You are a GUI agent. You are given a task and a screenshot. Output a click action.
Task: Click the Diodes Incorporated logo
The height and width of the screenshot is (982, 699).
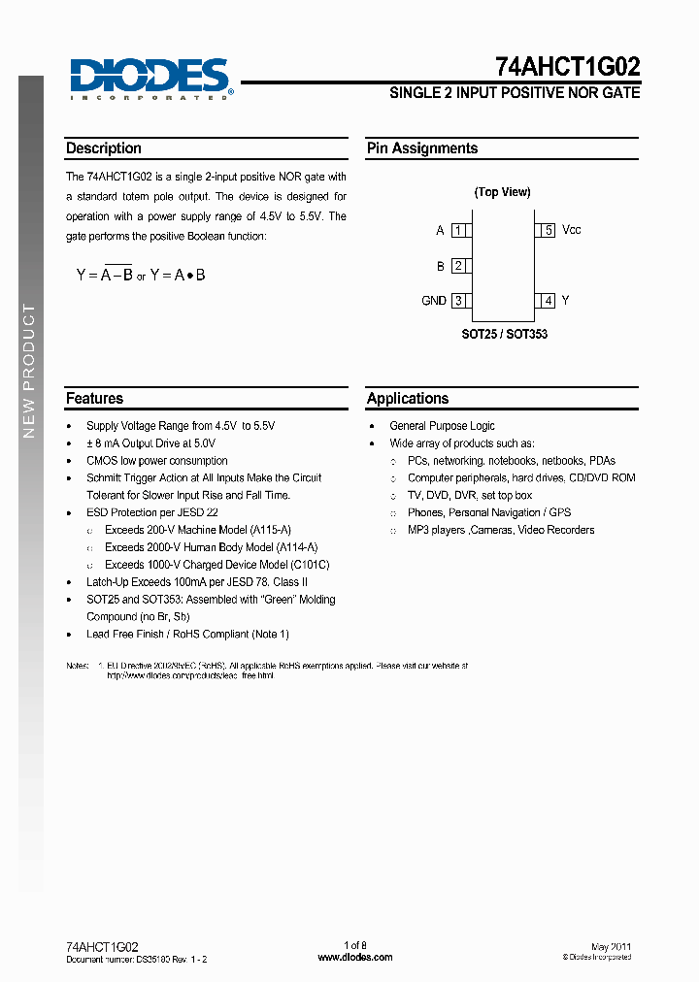click(x=149, y=78)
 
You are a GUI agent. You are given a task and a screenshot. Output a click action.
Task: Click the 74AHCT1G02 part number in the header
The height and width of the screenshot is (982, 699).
click(x=567, y=67)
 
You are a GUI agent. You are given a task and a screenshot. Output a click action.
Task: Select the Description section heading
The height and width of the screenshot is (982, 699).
click(x=104, y=148)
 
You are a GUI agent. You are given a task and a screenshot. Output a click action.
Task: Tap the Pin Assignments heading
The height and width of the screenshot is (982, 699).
click(x=422, y=148)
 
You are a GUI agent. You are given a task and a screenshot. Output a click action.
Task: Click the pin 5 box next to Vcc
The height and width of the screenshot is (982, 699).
click(x=548, y=231)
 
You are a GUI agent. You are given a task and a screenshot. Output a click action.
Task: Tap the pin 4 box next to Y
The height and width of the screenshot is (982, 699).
click(x=548, y=301)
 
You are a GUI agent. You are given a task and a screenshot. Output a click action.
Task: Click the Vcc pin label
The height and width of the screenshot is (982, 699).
click(x=572, y=231)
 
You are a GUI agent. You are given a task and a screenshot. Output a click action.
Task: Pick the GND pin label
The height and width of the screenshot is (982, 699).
click(x=434, y=301)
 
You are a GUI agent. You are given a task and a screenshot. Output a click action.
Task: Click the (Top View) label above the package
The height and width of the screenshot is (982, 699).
click(x=502, y=192)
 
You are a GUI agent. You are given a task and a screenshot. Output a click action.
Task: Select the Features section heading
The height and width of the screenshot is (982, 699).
click(x=95, y=398)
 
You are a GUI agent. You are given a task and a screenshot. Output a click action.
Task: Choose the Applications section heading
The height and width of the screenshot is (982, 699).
click(x=408, y=398)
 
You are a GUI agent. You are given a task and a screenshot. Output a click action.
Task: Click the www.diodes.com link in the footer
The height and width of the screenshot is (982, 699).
click(x=355, y=957)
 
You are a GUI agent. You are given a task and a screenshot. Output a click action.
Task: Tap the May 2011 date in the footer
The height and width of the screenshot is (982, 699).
click(x=611, y=945)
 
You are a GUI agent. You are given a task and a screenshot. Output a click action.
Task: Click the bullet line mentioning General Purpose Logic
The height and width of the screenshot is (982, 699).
click(x=442, y=426)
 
